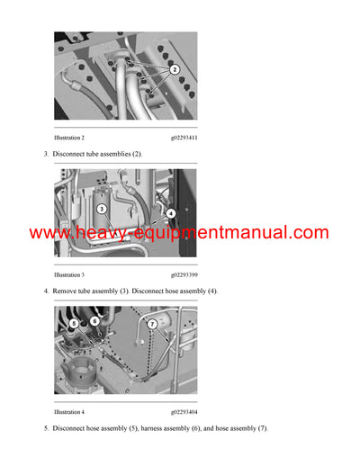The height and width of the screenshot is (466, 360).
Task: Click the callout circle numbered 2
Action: pyautogui.click(x=175, y=69)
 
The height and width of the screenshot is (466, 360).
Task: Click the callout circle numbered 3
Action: pyautogui.click(x=103, y=208)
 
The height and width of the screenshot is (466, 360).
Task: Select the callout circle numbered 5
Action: pyautogui.click(x=74, y=323)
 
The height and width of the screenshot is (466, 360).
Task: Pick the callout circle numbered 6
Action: pyautogui.click(x=94, y=320)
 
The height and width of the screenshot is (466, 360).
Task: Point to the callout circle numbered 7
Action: pyautogui.click(x=153, y=323)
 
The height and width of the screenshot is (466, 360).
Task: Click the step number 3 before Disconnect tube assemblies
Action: pyautogui.click(x=46, y=155)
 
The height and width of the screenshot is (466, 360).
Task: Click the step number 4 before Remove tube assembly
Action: pyautogui.click(x=46, y=291)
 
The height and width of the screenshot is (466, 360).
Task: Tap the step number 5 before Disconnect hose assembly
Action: pyautogui.click(x=46, y=428)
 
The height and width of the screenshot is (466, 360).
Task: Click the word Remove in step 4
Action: pyautogui.click(x=67, y=291)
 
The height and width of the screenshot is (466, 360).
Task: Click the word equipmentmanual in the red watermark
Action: pyautogui.click(x=217, y=233)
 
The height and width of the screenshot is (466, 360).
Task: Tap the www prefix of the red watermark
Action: pyautogui.click(x=51, y=233)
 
